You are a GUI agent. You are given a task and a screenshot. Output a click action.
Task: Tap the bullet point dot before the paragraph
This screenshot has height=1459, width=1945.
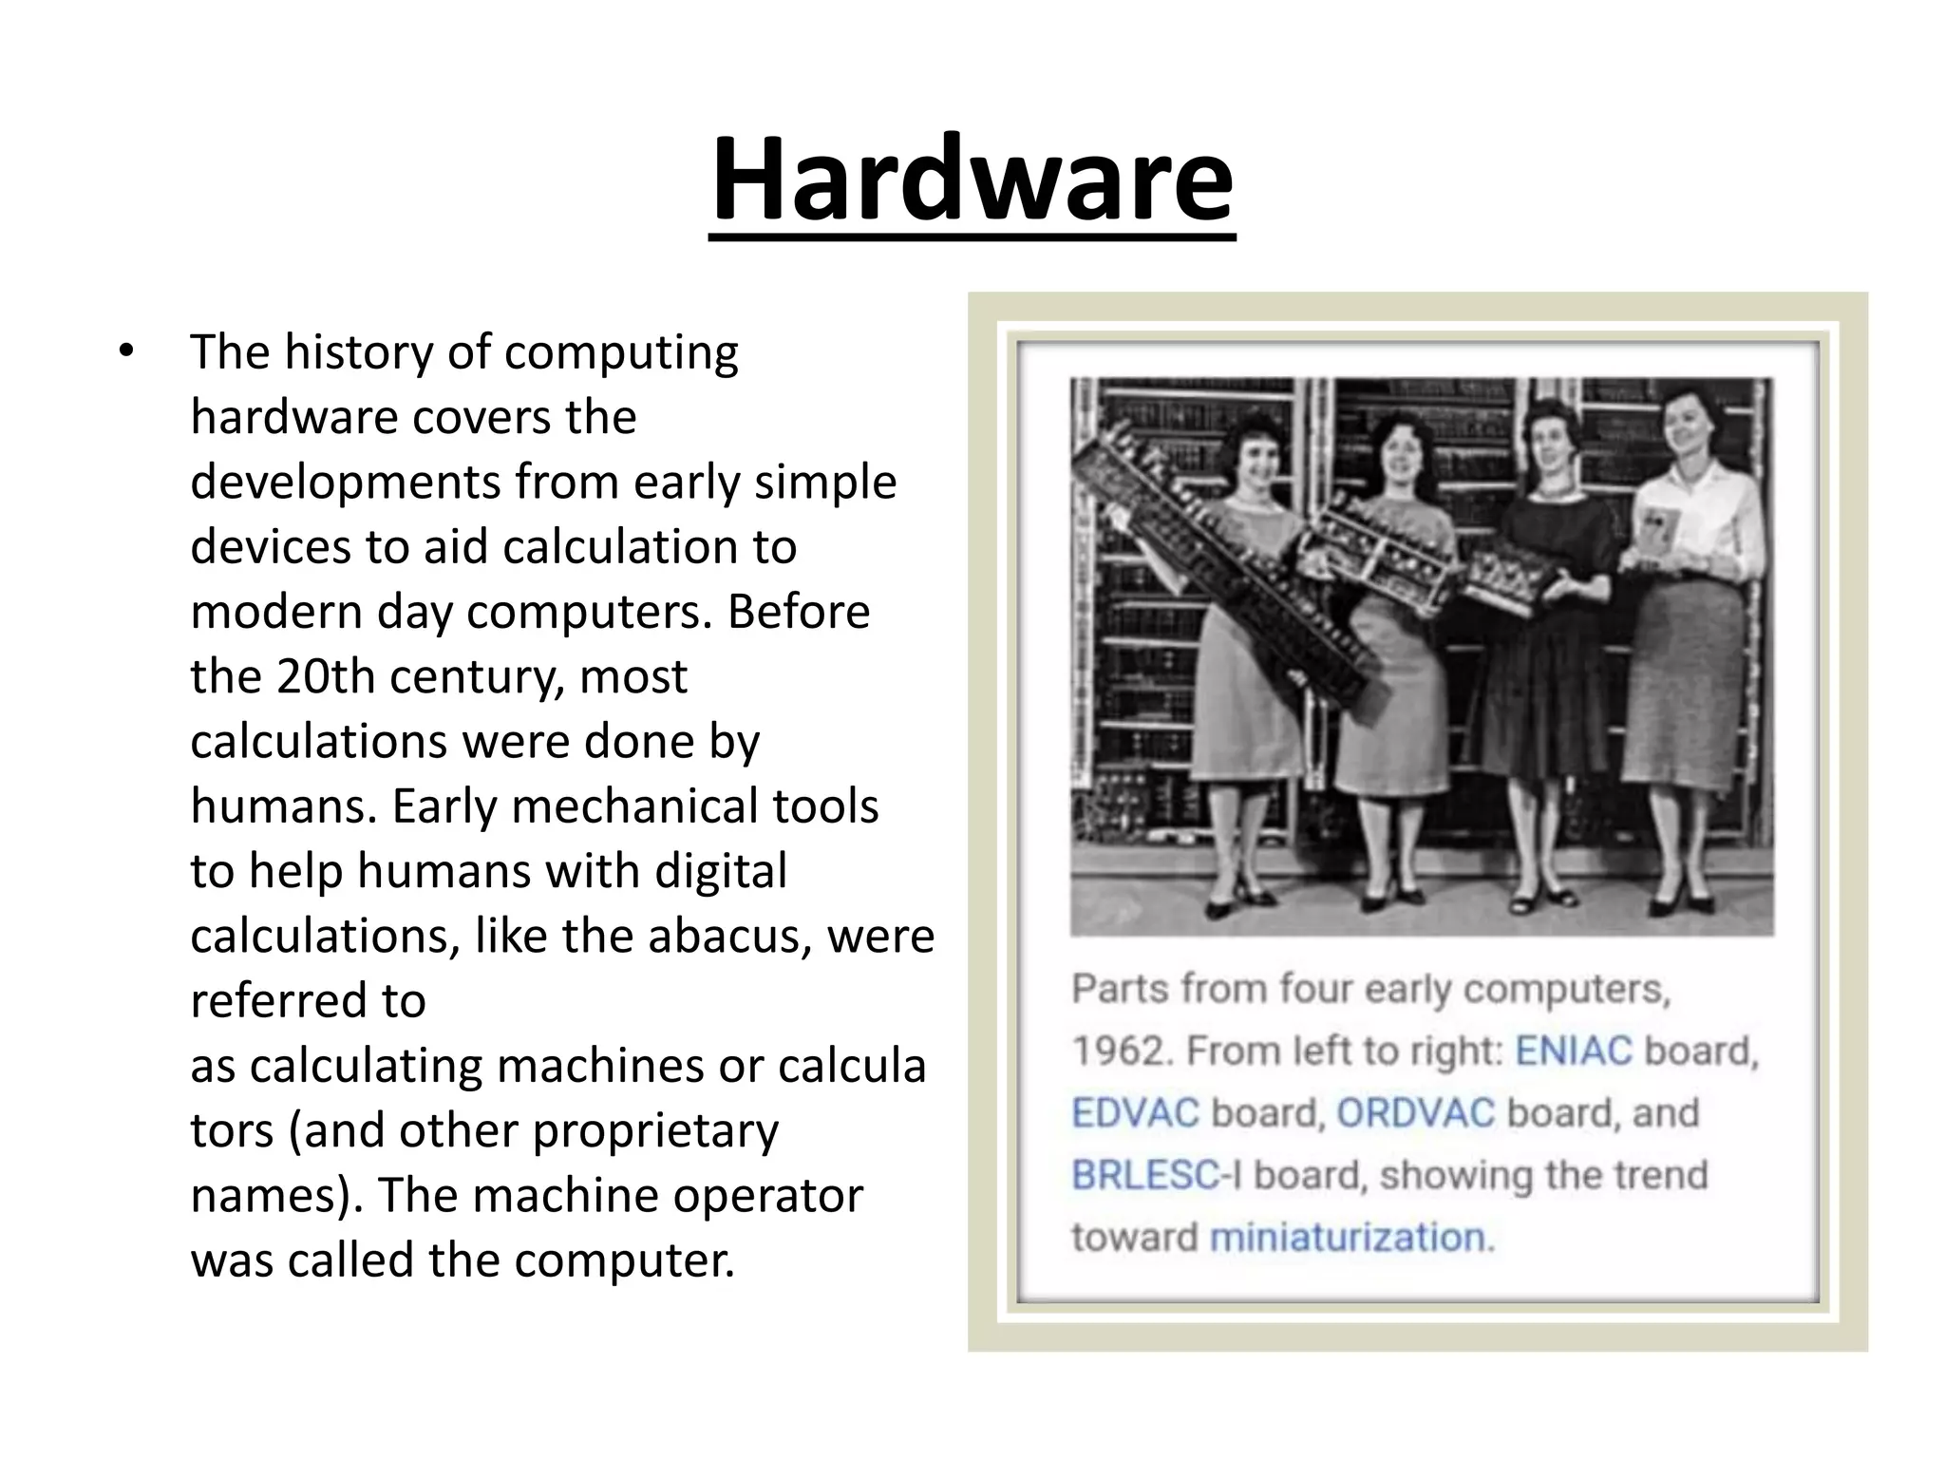[126, 352]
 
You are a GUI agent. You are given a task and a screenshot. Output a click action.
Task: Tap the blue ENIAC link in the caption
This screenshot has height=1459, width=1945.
[1573, 1051]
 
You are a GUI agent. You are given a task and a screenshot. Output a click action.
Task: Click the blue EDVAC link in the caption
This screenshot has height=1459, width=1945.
[1135, 1113]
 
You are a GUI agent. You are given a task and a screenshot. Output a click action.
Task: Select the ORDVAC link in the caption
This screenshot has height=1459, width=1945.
[1415, 1113]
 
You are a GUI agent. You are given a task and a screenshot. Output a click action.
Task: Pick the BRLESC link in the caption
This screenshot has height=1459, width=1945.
[1144, 1176]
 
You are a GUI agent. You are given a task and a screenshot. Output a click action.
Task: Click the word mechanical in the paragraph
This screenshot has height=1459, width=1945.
[633, 806]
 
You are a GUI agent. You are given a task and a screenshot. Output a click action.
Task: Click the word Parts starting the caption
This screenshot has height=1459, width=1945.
[1120, 989]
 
